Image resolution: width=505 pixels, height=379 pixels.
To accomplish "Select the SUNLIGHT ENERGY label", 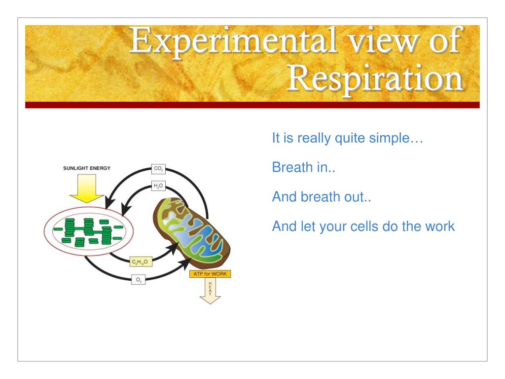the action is pyautogui.click(x=87, y=168).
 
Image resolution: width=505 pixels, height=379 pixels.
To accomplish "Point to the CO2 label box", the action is pyautogui.click(x=158, y=169).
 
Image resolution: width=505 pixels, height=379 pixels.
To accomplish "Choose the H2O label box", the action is pyautogui.click(x=158, y=186).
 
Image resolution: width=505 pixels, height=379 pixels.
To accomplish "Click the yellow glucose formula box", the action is pyautogui.click(x=141, y=262).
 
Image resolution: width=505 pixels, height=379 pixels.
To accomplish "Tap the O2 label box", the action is pyautogui.click(x=139, y=280).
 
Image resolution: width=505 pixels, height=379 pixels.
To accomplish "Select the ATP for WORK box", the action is pyautogui.click(x=210, y=274).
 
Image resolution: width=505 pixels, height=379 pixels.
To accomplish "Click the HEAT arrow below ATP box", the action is pyautogui.click(x=210, y=291).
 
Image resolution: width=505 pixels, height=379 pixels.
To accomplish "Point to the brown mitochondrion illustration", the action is pyautogui.click(x=192, y=233).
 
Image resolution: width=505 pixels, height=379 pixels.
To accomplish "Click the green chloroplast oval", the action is pyautogui.click(x=89, y=231).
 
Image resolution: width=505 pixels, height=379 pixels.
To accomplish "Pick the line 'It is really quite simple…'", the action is pyautogui.click(x=348, y=138).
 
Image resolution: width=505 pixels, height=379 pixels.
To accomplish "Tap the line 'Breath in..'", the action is pyautogui.click(x=304, y=167).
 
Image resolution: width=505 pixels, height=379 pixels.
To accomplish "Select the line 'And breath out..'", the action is pyautogui.click(x=322, y=196).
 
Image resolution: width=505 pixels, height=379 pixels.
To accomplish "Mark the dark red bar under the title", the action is pyautogui.click(x=252, y=105).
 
